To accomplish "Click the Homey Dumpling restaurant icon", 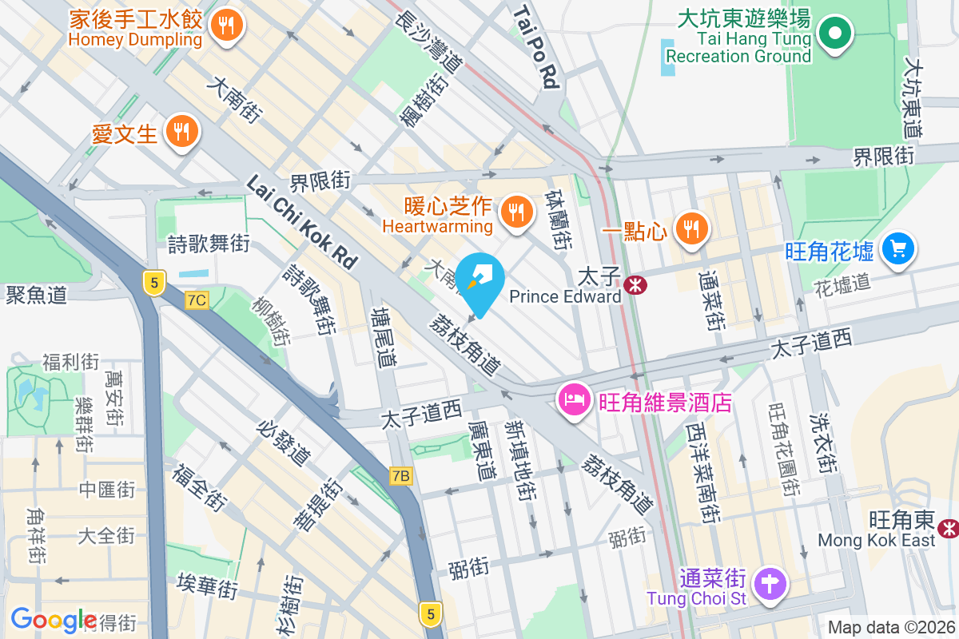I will tap(228, 26).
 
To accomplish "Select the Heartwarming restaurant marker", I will tap(516, 212).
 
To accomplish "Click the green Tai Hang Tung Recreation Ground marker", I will tap(836, 34).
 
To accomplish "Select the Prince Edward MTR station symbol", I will tap(636, 284).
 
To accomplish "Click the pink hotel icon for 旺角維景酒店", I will tap(575, 400).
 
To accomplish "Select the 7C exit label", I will tap(197, 300).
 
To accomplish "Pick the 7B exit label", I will tap(401, 477).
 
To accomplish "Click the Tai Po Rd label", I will tap(535, 46).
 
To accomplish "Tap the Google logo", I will tap(54, 620).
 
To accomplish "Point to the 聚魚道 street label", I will tap(36, 295).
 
